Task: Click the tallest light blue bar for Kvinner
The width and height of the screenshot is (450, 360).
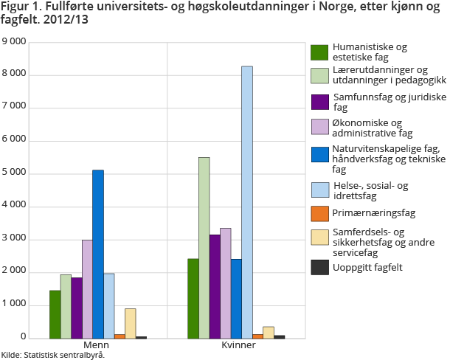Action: (247, 202)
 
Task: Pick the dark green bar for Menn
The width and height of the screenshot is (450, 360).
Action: (55, 314)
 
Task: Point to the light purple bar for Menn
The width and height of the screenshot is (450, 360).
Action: (87, 288)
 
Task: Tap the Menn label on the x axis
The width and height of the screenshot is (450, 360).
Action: (93, 345)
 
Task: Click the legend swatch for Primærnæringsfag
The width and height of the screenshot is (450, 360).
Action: (319, 214)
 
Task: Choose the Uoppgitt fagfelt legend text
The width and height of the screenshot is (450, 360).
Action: (366, 267)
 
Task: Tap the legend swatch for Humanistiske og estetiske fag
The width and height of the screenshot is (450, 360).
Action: (319, 52)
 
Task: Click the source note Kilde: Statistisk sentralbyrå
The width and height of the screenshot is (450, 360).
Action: (53, 355)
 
